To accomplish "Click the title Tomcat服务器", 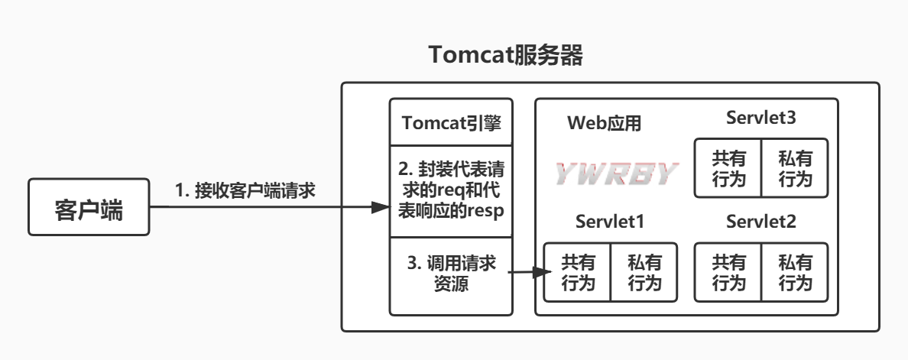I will pyautogui.click(x=505, y=56).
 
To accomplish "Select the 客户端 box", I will pyautogui.click(x=89, y=208).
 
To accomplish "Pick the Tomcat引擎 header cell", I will pyautogui.click(x=451, y=123).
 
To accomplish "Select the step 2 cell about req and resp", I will pyautogui.click(x=451, y=191).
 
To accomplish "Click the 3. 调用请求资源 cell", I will pyautogui.click(x=451, y=274).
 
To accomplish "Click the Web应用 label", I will pyautogui.click(x=605, y=123).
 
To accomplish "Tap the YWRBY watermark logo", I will pyautogui.click(x=616, y=174).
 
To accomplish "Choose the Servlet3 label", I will pyautogui.click(x=761, y=118).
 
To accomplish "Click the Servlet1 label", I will pyautogui.click(x=610, y=222).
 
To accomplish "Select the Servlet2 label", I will pyautogui.click(x=761, y=222).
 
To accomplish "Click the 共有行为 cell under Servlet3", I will pyautogui.click(x=728, y=168).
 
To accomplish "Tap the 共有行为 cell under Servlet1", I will pyautogui.click(x=577, y=272).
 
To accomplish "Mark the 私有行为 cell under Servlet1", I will pyautogui.click(x=644, y=272).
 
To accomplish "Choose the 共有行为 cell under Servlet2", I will pyautogui.click(x=728, y=272).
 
